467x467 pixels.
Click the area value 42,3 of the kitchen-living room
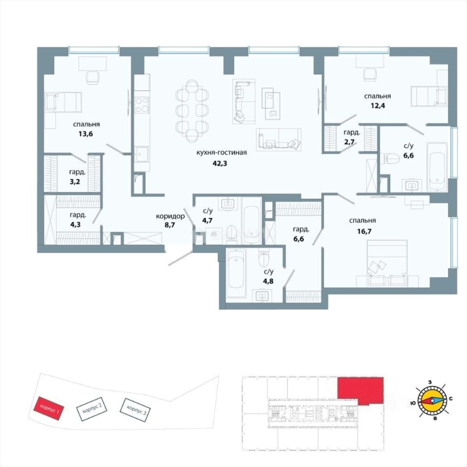tap(220, 163)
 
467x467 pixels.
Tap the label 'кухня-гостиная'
tap(221, 153)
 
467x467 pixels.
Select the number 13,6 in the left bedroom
tap(86, 134)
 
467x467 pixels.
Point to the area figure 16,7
tap(364, 231)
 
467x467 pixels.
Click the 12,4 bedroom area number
tap(377, 106)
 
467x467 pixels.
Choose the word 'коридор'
tap(170, 216)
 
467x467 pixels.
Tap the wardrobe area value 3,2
tap(75, 181)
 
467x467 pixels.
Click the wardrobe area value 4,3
tap(75, 224)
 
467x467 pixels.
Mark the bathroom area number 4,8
tap(269, 281)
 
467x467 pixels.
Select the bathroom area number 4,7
tap(208, 221)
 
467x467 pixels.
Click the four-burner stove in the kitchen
tap(141, 105)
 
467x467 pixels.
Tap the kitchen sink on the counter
tap(139, 154)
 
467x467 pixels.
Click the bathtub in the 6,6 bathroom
tap(437, 166)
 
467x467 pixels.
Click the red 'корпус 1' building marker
tap(48, 409)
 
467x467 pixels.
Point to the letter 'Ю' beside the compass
tap(413, 403)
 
